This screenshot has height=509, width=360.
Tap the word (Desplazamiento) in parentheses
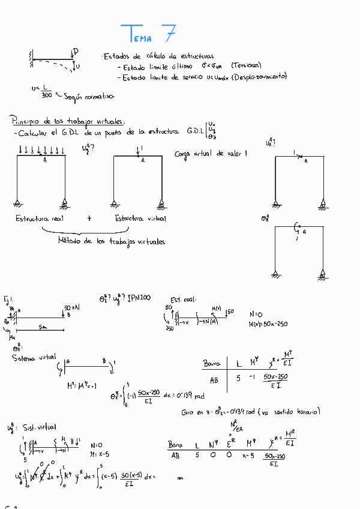tap(259, 76)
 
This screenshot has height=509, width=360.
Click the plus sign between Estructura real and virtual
tap(89, 218)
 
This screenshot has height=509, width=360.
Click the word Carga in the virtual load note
tap(182, 154)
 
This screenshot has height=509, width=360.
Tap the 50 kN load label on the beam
tap(72, 307)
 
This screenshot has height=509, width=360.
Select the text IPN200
tap(139, 298)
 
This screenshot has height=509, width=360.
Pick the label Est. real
tap(183, 300)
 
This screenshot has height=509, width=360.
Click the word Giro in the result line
tap(188, 412)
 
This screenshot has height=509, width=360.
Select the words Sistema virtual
tap(34, 358)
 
